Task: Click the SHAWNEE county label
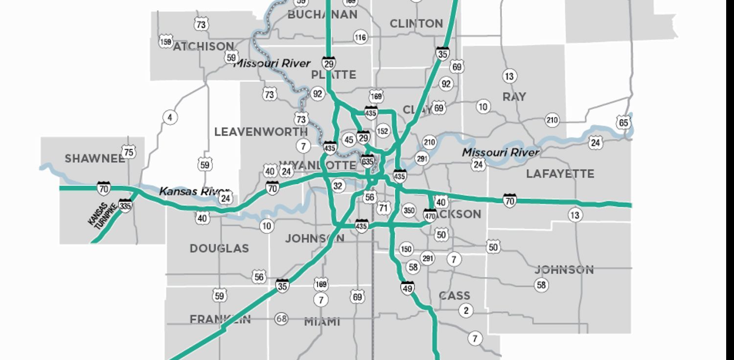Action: [x=94, y=158]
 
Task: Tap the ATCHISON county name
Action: [x=203, y=46]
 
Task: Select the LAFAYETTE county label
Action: [x=560, y=174]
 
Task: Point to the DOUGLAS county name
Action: [x=219, y=248]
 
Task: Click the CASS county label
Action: [x=455, y=295]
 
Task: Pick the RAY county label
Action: [x=514, y=97]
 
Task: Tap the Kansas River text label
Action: [x=194, y=191]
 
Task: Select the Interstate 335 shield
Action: [x=125, y=205]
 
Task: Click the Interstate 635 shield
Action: [x=367, y=160]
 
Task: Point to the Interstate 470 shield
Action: [x=430, y=215]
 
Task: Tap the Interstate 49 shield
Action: [x=407, y=287]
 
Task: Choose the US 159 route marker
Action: [x=166, y=42]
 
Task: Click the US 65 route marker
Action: [x=623, y=122]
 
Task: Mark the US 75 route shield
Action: [x=128, y=152]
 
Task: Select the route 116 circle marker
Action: [x=361, y=37]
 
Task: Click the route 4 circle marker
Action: [x=170, y=117]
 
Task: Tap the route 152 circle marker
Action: [x=383, y=131]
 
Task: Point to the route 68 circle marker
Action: [x=281, y=319]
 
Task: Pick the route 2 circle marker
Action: [x=466, y=310]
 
